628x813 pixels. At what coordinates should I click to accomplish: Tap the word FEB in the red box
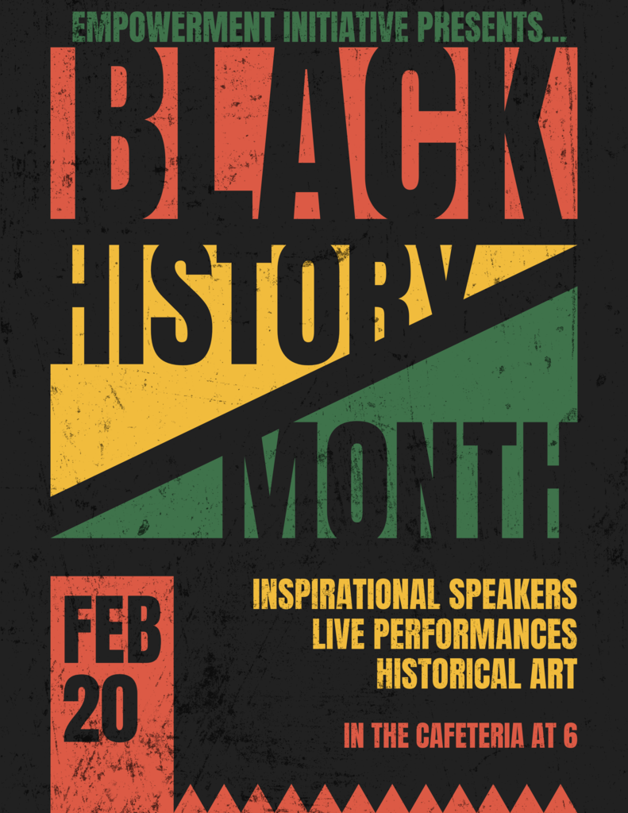click(x=112, y=630)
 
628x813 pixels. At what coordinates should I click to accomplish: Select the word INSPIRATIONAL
click(x=345, y=594)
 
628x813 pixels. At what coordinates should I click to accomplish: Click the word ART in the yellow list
click(x=549, y=672)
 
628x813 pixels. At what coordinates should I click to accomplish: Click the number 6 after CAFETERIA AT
click(x=569, y=735)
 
